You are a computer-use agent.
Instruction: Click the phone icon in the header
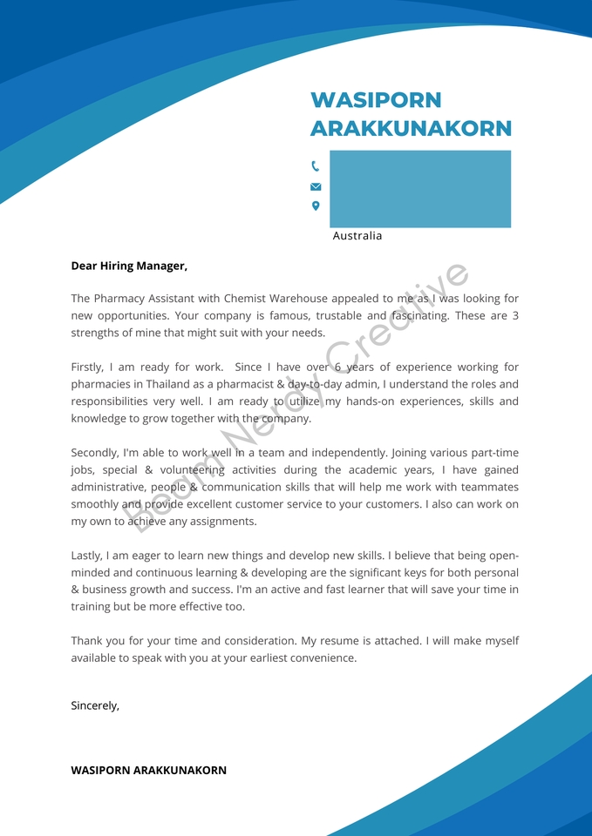coord(315,165)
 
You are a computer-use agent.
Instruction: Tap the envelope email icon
coord(316,186)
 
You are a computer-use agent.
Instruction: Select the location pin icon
coord(316,206)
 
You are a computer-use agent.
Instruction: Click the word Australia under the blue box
coord(357,236)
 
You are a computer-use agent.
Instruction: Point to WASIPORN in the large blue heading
coord(376,100)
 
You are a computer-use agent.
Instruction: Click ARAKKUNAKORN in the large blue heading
coord(411,129)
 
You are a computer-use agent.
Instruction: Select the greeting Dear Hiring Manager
coord(129,266)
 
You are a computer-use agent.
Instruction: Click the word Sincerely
coord(95,706)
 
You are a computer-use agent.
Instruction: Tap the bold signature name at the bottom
coord(148,771)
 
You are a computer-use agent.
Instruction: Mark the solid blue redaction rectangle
coord(420,189)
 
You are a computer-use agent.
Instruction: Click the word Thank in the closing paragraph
coord(89,641)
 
